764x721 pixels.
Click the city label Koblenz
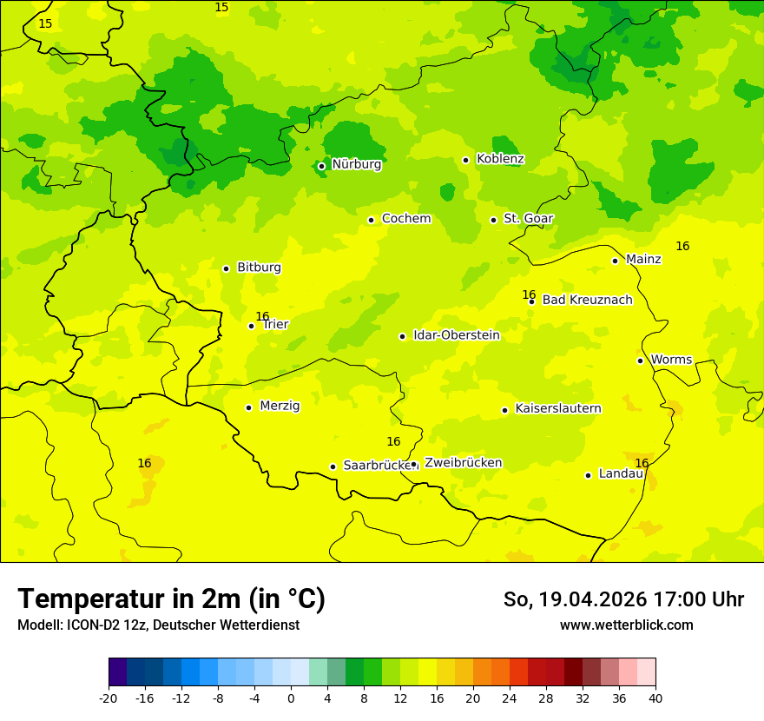[x=500, y=159]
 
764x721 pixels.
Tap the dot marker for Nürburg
[x=321, y=166]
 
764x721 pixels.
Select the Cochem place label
[x=405, y=219]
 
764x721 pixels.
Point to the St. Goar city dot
[x=493, y=220]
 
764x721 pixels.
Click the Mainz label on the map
[x=643, y=259]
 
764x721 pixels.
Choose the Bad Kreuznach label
[x=587, y=300]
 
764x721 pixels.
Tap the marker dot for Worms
[x=640, y=360]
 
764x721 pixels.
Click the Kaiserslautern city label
[x=558, y=408]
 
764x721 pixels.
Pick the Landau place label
[x=621, y=473]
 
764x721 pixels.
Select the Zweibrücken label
[x=463, y=463]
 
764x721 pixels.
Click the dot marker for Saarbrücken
[x=333, y=466]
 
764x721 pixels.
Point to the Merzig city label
[x=280, y=406]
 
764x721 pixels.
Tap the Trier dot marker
[x=252, y=327]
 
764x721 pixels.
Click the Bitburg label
[x=259, y=268]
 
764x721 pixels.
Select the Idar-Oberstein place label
[x=456, y=335]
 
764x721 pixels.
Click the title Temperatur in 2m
[x=171, y=599]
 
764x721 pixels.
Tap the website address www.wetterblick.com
[x=626, y=625]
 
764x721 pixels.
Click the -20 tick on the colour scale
[x=109, y=698]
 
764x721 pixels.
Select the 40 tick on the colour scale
[x=655, y=698]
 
